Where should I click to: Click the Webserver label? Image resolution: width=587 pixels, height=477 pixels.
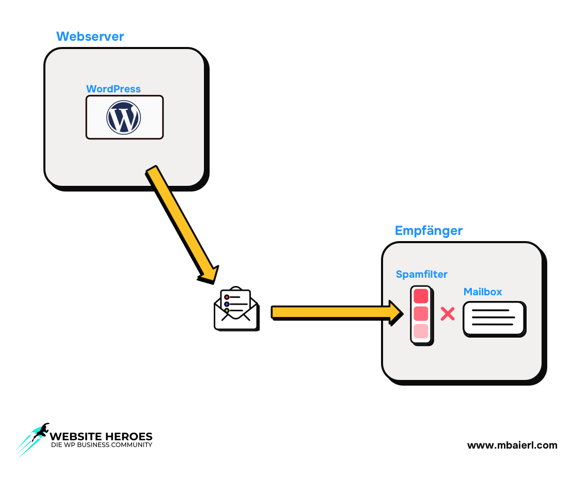tap(90, 37)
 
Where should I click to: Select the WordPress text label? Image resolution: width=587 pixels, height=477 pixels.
tap(113, 89)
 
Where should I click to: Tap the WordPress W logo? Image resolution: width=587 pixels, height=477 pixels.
tap(123, 117)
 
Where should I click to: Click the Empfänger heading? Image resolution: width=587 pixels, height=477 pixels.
tap(429, 230)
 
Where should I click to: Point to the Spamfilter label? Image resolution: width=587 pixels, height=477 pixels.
tap(421, 274)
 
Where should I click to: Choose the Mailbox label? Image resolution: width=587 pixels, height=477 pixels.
tap(483, 292)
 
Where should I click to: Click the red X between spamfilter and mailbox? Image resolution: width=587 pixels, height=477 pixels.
tap(447, 314)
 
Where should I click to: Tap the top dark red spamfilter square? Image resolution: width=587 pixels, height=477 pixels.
tap(421, 296)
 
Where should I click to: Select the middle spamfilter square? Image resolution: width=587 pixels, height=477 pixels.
tap(421, 313)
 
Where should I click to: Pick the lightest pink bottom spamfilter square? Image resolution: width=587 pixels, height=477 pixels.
tap(421, 331)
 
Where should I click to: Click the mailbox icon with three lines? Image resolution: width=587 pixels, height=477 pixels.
tap(494, 319)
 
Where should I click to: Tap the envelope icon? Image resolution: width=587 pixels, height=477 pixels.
tap(236, 310)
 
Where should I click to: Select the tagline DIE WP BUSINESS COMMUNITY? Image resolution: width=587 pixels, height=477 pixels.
tap(101, 445)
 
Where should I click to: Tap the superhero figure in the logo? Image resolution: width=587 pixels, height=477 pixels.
tap(40, 432)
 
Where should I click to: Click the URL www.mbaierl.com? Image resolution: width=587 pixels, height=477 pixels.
tap(512, 445)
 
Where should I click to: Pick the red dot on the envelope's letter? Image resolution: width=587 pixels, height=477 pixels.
tap(226, 297)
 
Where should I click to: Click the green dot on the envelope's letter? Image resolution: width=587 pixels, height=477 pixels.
tap(227, 310)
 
